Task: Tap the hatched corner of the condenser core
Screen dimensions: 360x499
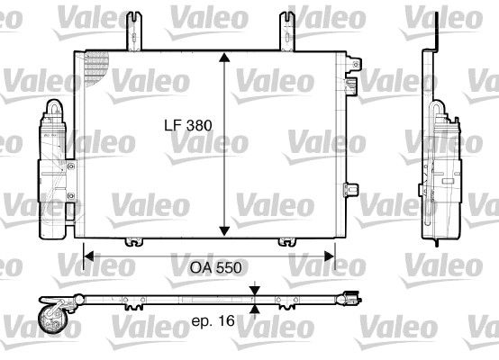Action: [95, 66]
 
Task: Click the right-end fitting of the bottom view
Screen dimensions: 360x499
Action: [351, 294]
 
